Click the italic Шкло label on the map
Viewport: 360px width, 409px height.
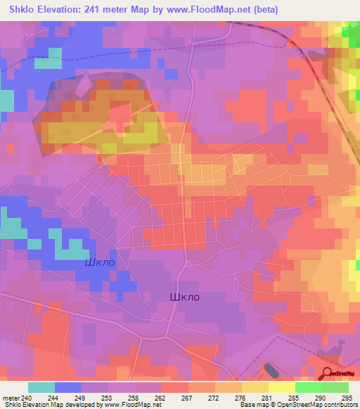click(x=99, y=262)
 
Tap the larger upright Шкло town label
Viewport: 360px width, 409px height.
click(x=185, y=297)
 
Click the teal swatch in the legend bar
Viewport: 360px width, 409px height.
click(x=41, y=387)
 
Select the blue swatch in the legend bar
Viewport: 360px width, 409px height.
click(x=68, y=387)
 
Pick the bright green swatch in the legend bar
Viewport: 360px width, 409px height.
click(x=309, y=387)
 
